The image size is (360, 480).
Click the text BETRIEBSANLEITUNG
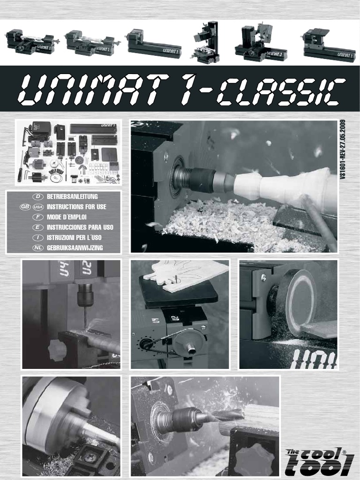pos(72,196)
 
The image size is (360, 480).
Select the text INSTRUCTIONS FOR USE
pos(76,206)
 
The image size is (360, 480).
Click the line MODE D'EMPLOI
pos(67,217)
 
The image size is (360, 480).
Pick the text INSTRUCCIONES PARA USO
pos(80,227)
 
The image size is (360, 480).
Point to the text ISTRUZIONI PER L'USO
pos(74,237)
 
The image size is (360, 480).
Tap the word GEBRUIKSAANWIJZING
pos(75,247)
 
